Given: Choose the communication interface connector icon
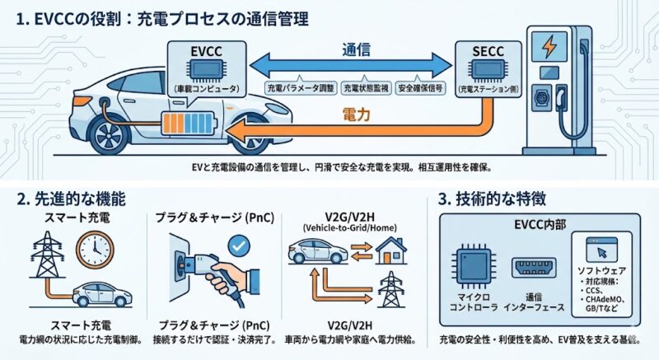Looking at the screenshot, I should pyautogui.click(x=534, y=265).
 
